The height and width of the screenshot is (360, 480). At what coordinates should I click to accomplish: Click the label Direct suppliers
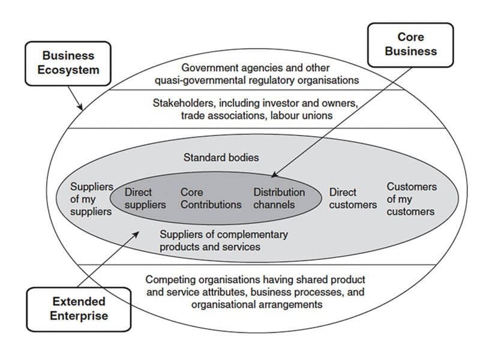coord(145,199)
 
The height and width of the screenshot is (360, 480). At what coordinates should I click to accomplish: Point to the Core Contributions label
coord(211,199)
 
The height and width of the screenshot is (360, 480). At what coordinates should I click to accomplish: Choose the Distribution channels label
coord(279,199)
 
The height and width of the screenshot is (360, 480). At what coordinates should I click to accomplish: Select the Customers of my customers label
coord(410,199)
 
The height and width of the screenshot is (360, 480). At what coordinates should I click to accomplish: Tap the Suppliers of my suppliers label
coord(91,199)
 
